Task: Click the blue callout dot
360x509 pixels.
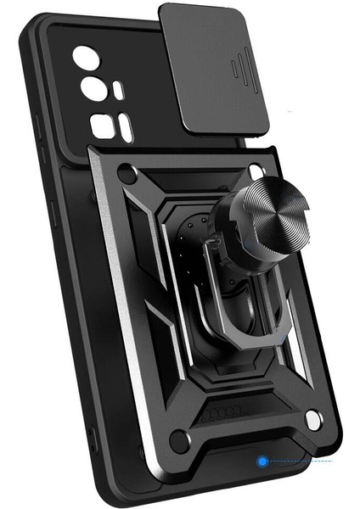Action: tap(262, 461)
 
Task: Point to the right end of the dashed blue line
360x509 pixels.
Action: tap(333, 461)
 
